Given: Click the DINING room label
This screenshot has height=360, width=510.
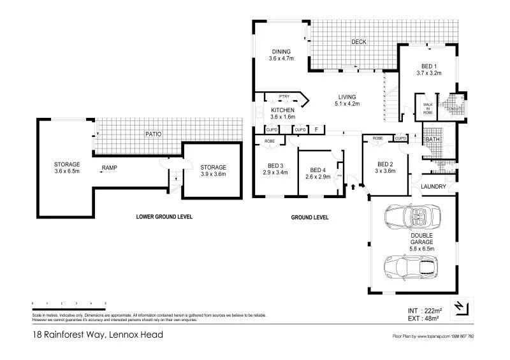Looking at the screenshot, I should [x=280, y=52].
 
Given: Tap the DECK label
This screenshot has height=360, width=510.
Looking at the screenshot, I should [x=359, y=42].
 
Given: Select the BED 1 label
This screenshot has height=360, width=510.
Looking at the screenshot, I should [x=429, y=66].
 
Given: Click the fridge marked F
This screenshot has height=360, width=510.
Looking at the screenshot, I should [x=316, y=129].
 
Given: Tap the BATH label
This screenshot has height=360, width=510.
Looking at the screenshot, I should [x=432, y=139].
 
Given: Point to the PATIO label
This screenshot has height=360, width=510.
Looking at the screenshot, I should [x=152, y=134].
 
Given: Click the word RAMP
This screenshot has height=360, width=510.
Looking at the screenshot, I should [x=109, y=168].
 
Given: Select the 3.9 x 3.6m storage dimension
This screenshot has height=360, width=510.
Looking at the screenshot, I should [x=213, y=174].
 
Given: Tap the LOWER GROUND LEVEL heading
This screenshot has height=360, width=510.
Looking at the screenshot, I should [x=164, y=217].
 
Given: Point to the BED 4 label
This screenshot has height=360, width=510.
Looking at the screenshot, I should [x=319, y=170].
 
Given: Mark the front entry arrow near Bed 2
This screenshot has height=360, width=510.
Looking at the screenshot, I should [x=352, y=186].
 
